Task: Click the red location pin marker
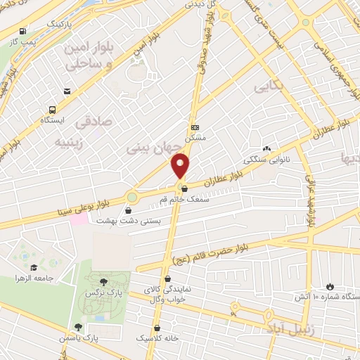click(x=181, y=167)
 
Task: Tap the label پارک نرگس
click(x=99, y=291)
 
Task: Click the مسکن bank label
click(x=194, y=139)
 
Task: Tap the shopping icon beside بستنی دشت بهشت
click(x=128, y=210)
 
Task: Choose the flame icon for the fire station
click(x=330, y=286)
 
